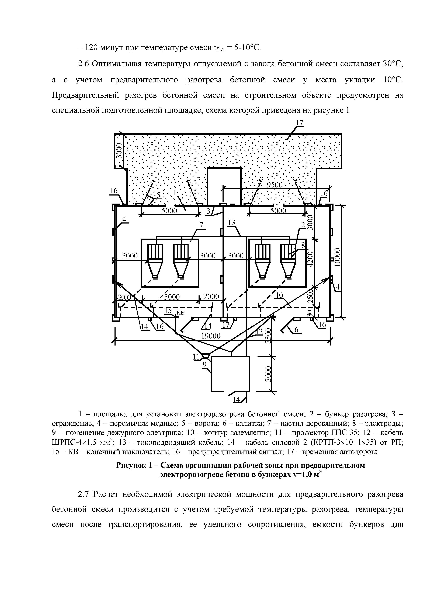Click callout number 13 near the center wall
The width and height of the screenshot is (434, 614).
tap(231, 222)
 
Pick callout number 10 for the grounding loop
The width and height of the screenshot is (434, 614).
tap(279, 295)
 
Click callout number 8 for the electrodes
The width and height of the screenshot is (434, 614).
tap(303, 245)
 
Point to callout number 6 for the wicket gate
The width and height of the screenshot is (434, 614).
tap(296, 330)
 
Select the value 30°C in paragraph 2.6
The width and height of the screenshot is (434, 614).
tap(393, 64)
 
